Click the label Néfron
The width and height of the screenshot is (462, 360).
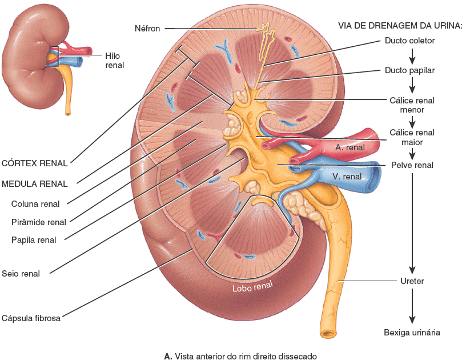(x=147, y=29)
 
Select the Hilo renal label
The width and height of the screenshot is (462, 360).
(x=115, y=61)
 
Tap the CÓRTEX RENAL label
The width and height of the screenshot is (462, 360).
(x=34, y=163)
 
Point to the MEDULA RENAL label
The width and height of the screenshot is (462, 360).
(x=34, y=184)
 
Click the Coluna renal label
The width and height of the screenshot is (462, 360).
(x=35, y=204)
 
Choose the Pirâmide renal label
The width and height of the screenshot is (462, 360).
(x=39, y=222)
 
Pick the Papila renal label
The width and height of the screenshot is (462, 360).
(x=34, y=240)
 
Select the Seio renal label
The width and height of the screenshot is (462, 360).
(x=21, y=274)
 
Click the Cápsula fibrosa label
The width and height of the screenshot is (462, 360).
(x=31, y=318)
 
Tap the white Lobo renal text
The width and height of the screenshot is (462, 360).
(x=252, y=286)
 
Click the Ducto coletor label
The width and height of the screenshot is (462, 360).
(x=410, y=41)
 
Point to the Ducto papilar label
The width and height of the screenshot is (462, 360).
(x=410, y=70)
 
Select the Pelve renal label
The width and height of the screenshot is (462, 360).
(x=412, y=165)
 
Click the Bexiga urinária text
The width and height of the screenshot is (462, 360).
(x=412, y=333)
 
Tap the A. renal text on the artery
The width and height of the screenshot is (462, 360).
(x=350, y=147)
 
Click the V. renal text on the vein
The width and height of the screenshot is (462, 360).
(x=347, y=177)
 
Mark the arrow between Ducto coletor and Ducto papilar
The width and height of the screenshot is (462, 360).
(x=412, y=56)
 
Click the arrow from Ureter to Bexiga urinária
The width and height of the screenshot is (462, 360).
(x=412, y=306)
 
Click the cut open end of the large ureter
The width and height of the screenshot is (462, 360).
(x=327, y=334)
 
